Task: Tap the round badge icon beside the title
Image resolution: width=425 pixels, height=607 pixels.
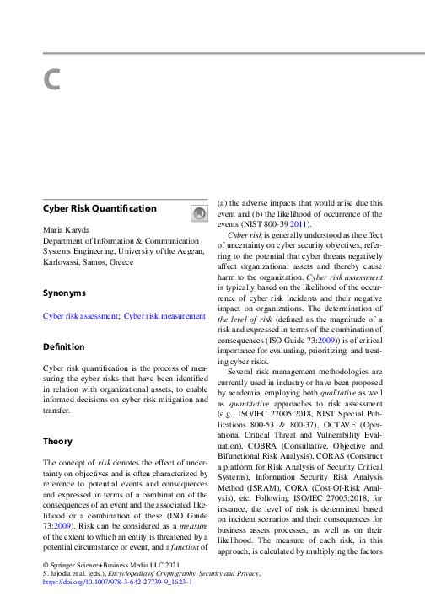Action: click(x=198, y=214)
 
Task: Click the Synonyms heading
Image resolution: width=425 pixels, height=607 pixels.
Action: click(x=64, y=293)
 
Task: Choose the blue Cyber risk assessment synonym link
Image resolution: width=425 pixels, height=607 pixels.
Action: click(x=81, y=316)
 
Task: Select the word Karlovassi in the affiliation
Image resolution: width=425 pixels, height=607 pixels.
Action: click(x=63, y=261)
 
